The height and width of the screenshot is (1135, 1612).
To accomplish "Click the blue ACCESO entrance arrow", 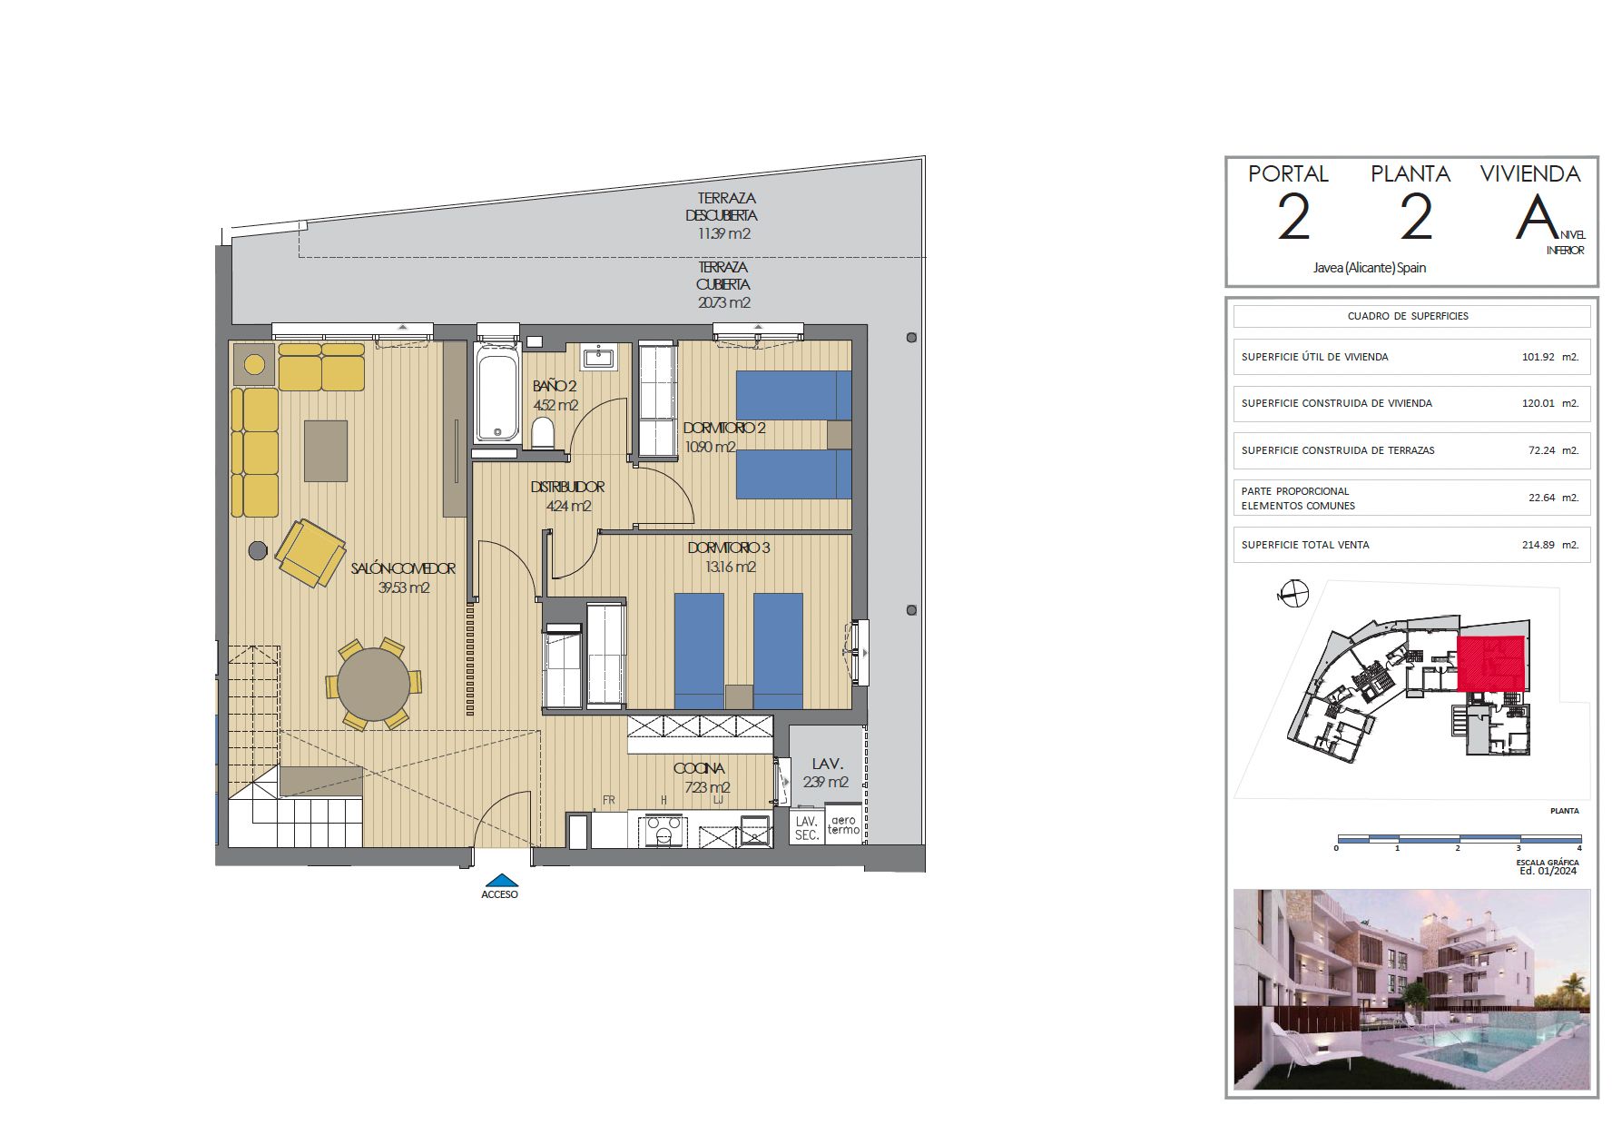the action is (x=500, y=880).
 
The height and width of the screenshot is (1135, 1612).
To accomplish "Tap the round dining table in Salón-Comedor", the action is (x=373, y=684).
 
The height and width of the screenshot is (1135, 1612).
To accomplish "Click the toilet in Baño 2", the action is (x=543, y=433).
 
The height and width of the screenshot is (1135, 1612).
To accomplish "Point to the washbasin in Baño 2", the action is (x=598, y=358).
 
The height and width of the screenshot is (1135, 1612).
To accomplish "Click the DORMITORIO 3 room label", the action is (x=728, y=548).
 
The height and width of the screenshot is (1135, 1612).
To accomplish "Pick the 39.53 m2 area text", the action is (x=404, y=587).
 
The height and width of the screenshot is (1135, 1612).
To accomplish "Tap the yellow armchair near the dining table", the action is (x=310, y=552).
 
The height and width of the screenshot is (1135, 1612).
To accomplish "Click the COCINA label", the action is (x=699, y=769).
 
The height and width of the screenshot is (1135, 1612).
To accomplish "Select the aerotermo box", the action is (x=843, y=825).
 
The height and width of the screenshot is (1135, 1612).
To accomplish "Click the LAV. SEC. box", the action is (x=807, y=827).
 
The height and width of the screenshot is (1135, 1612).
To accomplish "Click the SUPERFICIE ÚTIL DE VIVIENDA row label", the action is (x=1314, y=357).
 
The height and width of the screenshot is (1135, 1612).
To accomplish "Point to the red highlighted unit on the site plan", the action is (x=1490, y=663).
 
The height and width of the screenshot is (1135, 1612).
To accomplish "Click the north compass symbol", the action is (x=1293, y=595).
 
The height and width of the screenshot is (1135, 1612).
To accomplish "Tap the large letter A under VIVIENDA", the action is (x=1536, y=218).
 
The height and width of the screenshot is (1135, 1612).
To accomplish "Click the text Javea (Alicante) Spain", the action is (x=1370, y=268).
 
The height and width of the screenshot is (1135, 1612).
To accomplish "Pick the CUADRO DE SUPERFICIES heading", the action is (x=1408, y=316).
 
